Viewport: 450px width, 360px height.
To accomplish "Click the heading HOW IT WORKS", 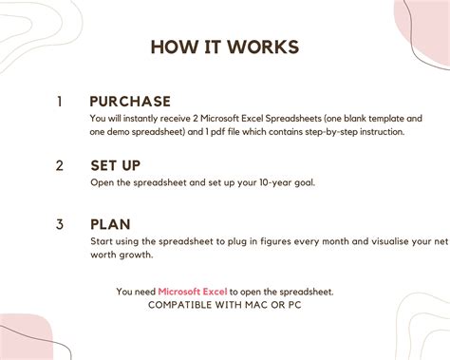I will coord(224,47).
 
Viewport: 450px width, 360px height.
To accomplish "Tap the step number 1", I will coord(59,102).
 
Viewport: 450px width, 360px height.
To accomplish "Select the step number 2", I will coord(59,165).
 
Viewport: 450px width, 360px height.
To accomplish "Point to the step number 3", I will coord(59,225).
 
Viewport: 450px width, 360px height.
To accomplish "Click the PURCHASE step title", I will coord(130,102).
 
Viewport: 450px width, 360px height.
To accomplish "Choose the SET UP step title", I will coord(122,165).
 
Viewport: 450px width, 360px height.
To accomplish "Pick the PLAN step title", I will coord(110,225).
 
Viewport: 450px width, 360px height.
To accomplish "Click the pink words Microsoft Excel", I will coord(192,291).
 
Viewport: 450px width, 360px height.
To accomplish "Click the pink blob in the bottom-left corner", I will coord(24,337).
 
